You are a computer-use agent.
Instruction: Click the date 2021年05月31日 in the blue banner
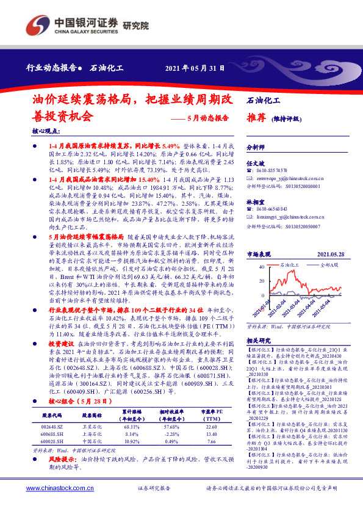pos(195,68)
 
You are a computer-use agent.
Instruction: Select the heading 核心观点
pos(46,131)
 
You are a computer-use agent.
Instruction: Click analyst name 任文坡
pos(254,164)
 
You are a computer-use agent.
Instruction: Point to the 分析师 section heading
pos(255,147)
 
